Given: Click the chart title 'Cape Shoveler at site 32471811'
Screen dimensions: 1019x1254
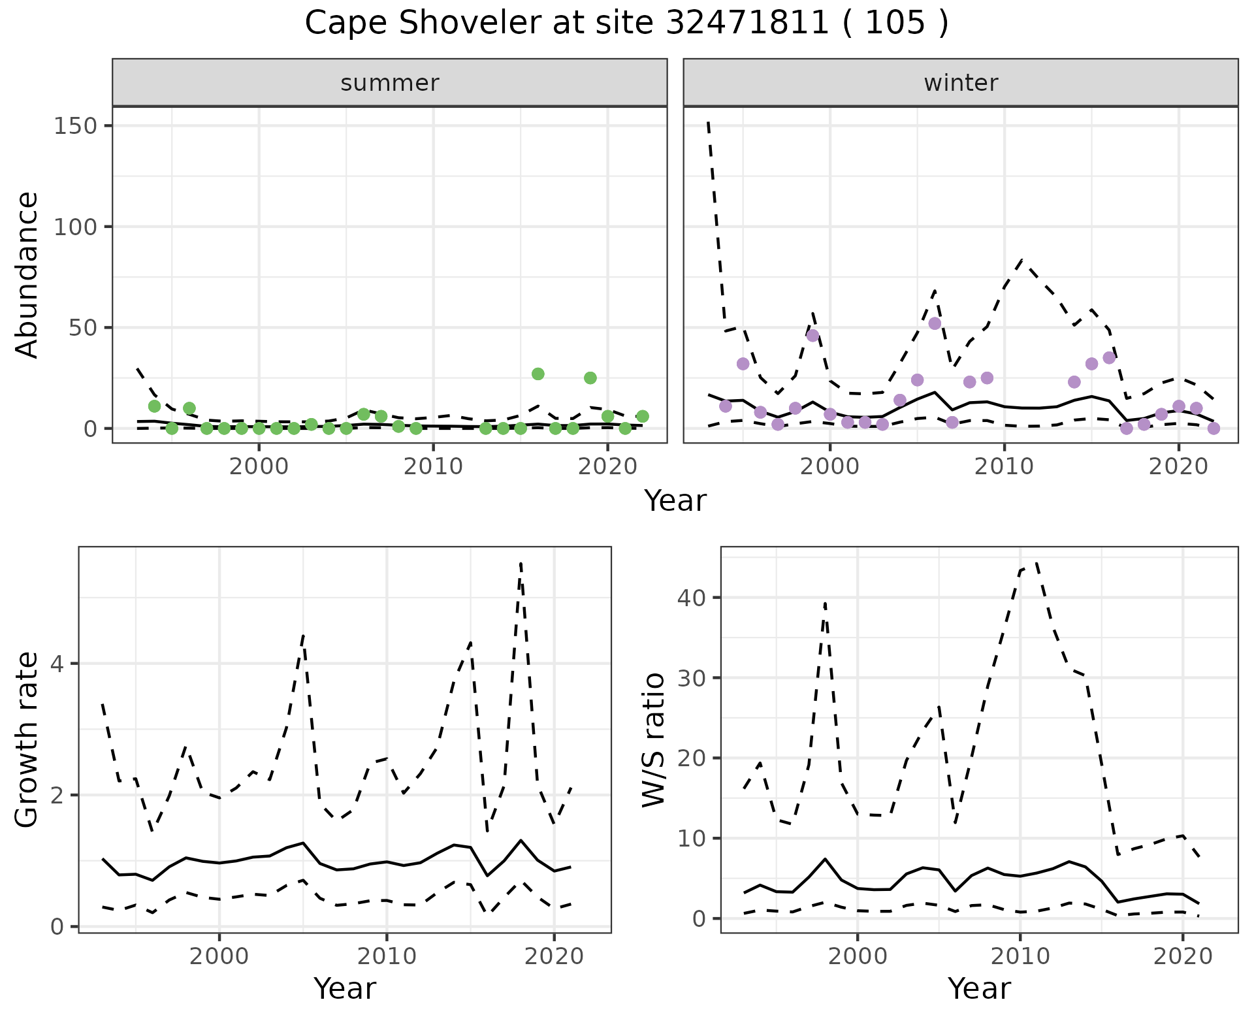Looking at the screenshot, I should point(626,24).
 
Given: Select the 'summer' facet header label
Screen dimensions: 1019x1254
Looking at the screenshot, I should point(389,83).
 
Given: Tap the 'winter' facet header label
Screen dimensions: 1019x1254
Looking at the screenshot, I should point(960,83).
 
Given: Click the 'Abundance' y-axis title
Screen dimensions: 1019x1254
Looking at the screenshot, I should point(27,274).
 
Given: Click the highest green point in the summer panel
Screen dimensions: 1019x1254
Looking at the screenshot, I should point(538,374).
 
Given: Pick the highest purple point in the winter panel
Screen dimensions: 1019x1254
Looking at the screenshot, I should point(935,323).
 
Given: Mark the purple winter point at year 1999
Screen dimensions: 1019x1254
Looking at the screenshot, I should point(812,336).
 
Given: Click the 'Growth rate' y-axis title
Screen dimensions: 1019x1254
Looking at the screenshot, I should point(27,739).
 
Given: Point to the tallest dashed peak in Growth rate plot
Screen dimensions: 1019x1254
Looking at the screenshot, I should point(521,562).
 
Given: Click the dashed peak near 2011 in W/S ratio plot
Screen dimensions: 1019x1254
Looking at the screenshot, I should point(1037,562).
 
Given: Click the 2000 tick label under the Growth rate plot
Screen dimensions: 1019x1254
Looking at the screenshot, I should point(219,956).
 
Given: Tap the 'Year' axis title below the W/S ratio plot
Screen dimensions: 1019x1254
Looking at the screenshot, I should point(979,988).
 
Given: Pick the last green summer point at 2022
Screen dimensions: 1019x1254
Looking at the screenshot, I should point(642,416).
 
